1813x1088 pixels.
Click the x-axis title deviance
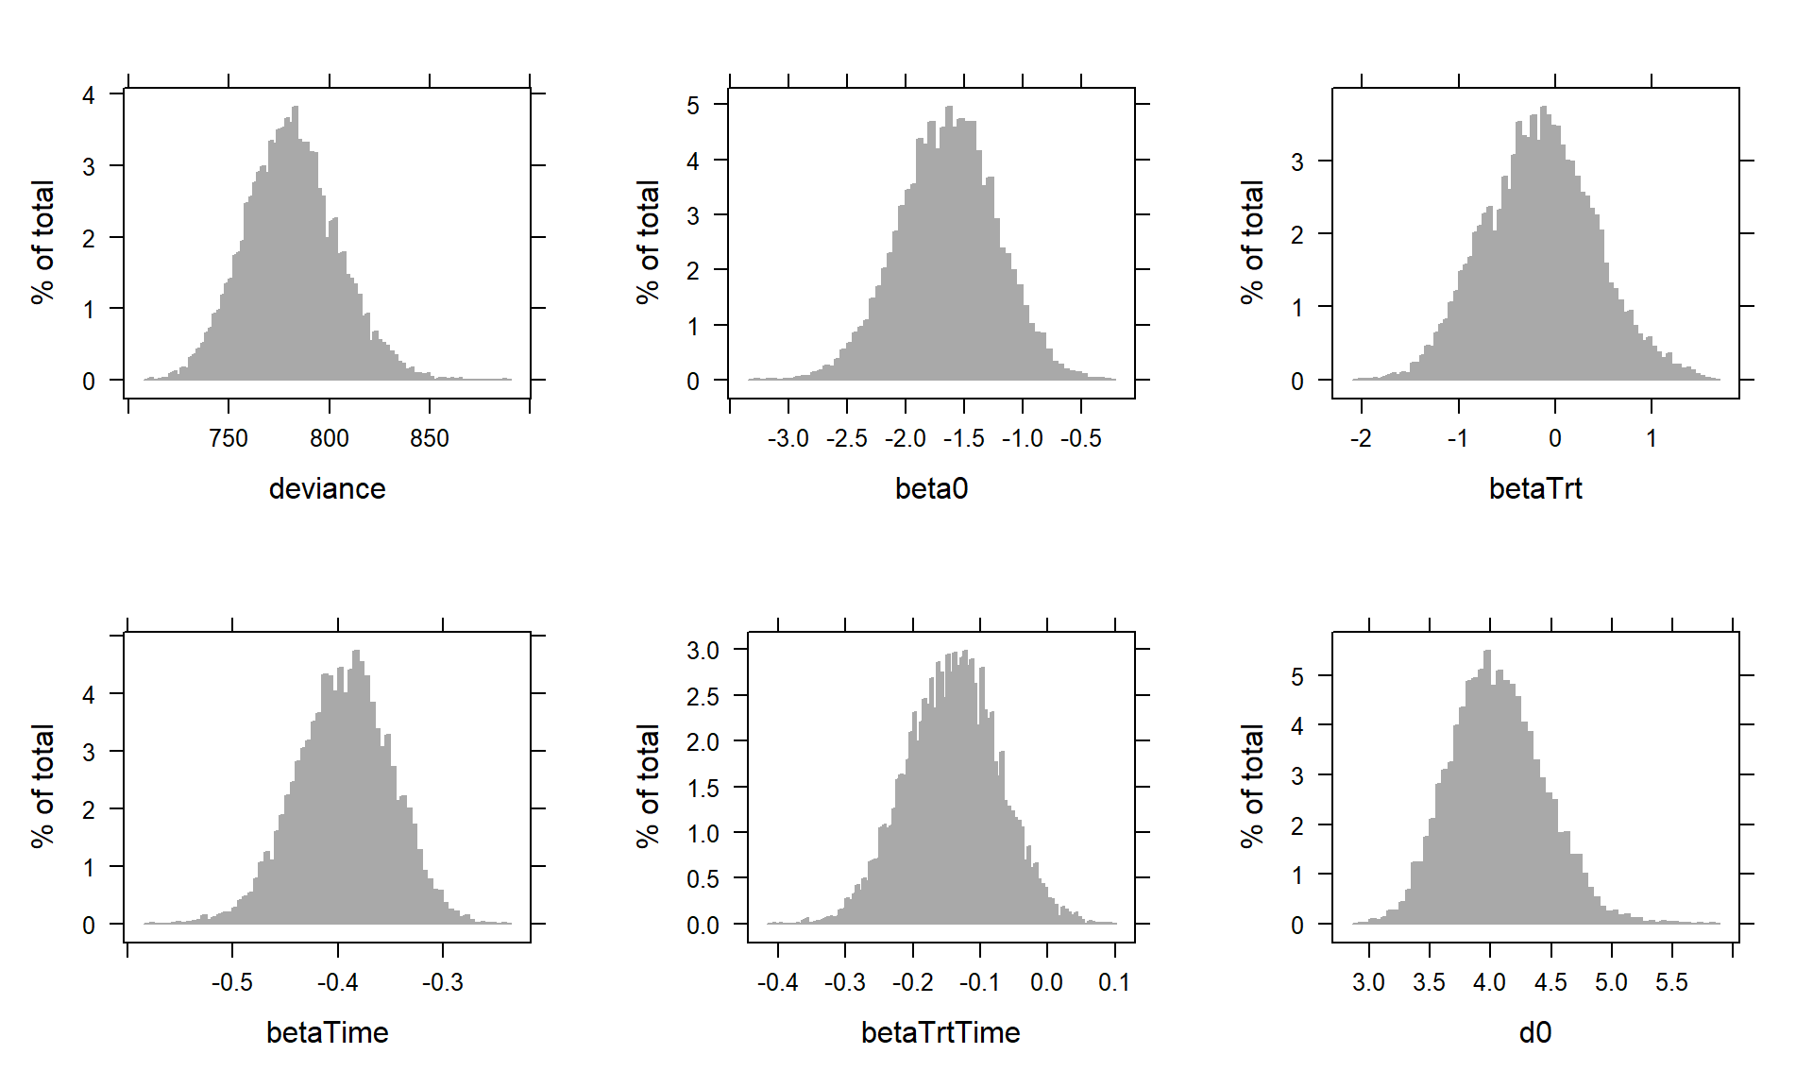coord(327,488)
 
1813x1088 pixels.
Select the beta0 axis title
coord(931,488)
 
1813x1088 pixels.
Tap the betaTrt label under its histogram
coord(1535,488)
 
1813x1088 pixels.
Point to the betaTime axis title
coord(327,1032)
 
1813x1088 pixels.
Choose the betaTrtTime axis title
coord(940,1032)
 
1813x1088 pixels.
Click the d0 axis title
coord(1535,1032)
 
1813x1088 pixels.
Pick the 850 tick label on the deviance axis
coord(430,438)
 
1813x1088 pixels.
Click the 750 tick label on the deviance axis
coord(229,438)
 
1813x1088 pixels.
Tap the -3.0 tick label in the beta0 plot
coord(788,438)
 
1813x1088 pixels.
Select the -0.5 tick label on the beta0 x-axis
coord(1080,438)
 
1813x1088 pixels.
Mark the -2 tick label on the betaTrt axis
coord(1361,438)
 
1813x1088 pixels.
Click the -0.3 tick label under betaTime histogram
coord(442,982)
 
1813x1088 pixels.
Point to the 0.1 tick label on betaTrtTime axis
coord(1114,982)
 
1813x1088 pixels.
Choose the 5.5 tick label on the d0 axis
coord(1671,982)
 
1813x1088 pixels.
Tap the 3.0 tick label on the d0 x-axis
coord(1368,982)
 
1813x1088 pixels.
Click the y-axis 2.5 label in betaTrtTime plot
coord(703,696)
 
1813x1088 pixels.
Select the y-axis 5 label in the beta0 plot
coord(693,105)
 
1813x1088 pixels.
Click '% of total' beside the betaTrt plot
coord(1252,243)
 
